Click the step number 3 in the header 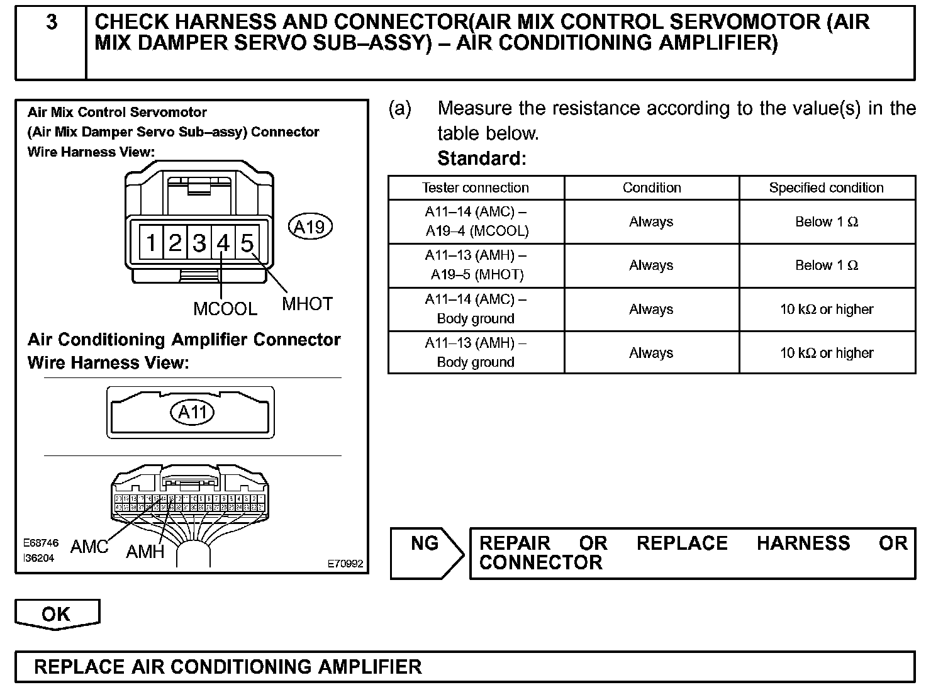coord(52,23)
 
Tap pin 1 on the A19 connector coord(152,243)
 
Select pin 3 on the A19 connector coord(199,243)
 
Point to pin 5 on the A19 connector coord(247,243)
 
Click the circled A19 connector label coord(310,226)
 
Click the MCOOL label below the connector coord(225,309)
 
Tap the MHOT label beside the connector coord(307,304)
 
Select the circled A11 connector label coord(192,412)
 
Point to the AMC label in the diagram coord(89,546)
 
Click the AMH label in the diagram coord(145,552)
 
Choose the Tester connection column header coord(476,187)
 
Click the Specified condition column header coord(826,187)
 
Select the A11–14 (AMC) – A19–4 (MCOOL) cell coord(476,221)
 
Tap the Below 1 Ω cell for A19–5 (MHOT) coord(826,265)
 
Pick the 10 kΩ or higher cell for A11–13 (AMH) coord(826,353)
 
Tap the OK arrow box coord(57,614)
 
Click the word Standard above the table coord(481,158)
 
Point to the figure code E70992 coord(345,564)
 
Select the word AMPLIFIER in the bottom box coord(369,667)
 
